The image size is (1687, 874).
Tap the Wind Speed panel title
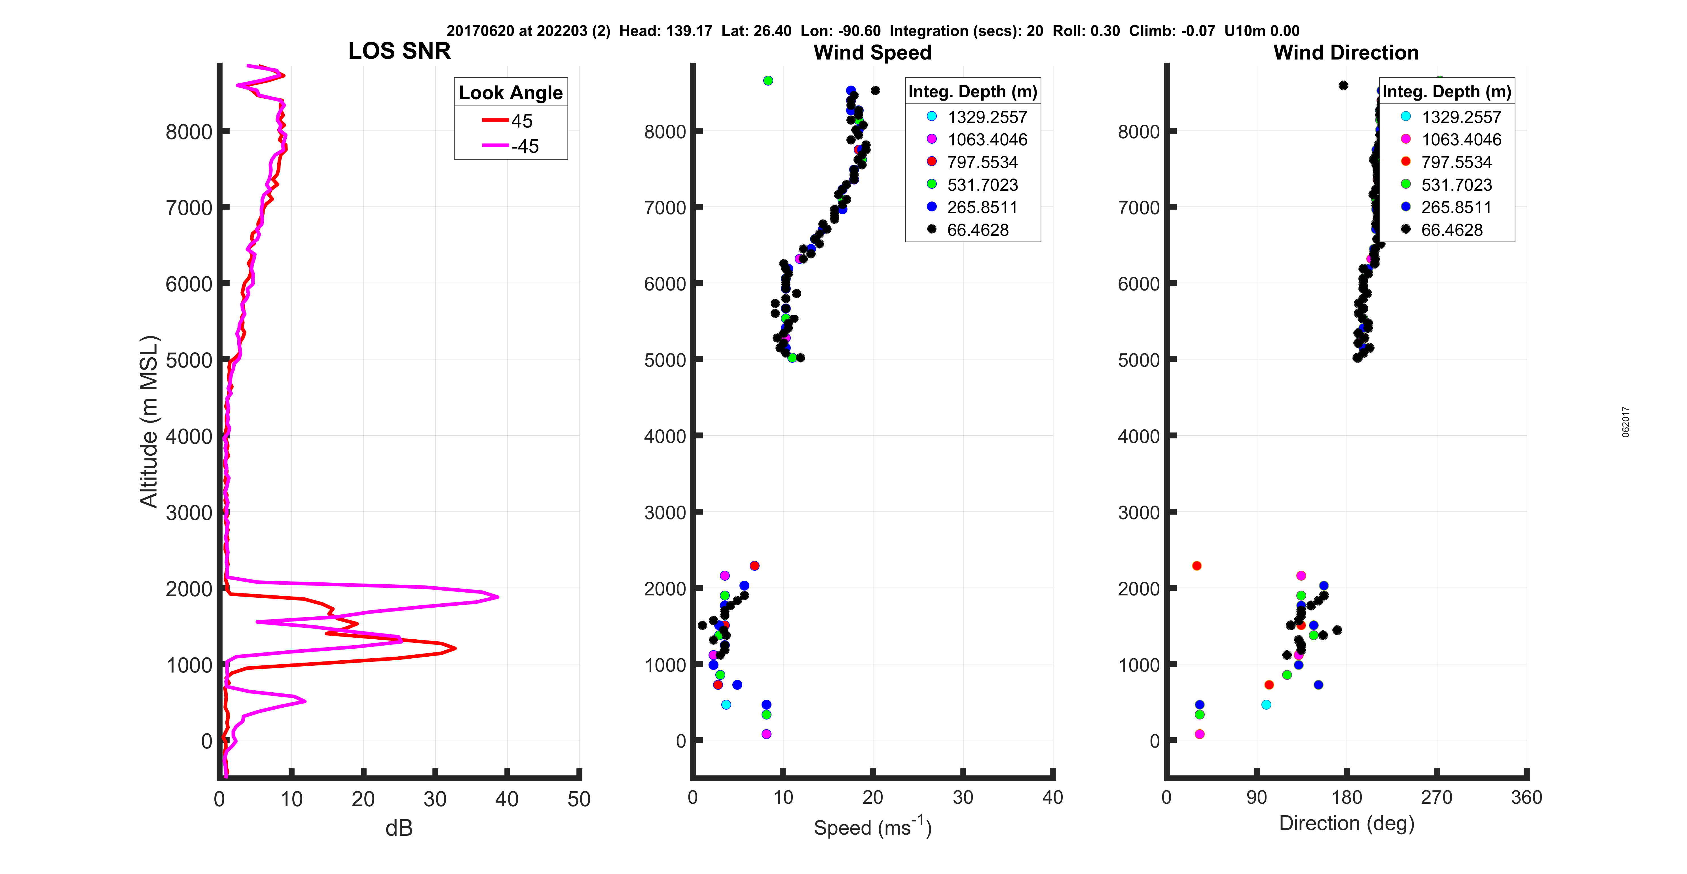pos(872,52)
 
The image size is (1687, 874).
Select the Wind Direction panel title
pos(1346,52)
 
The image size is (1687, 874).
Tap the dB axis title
pos(399,828)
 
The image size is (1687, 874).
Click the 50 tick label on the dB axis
pos(579,799)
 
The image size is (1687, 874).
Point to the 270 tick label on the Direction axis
pos(1436,797)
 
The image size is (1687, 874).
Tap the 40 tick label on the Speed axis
pos(1052,797)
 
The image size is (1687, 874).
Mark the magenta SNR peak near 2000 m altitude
pos(498,597)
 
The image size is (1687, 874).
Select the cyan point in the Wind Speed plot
pos(726,705)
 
